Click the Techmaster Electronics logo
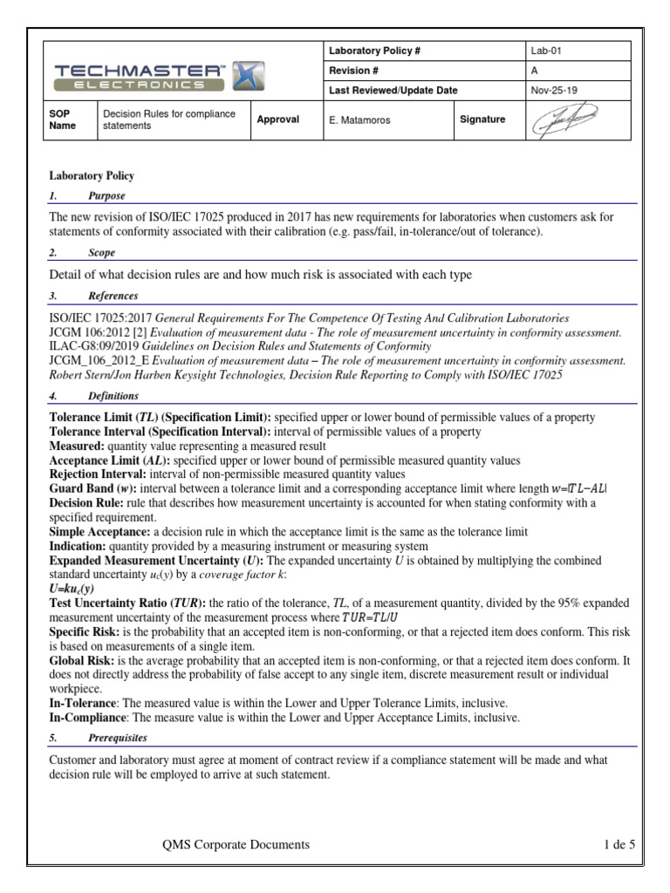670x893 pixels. pyautogui.click(x=160, y=76)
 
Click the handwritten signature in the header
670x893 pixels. pyautogui.click(x=566, y=119)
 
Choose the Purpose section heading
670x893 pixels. pyautogui.click(x=106, y=196)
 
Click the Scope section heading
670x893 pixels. pyautogui.click(x=102, y=252)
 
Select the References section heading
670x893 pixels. pyautogui.click(x=113, y=297)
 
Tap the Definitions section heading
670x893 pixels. pyautogui.click(x=113, y=395)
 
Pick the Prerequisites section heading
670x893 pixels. pyautogui.click(x=118, y=738)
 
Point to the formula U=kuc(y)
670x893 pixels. pyautogui.click(x=72, y=589)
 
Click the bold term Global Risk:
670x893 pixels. pyautogui.click(x=80, y=663)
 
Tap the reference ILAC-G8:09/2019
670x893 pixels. pyautogui.click(x=98, y=346)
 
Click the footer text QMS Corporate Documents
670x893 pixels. pyautogui.click(x=236, y=844)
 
